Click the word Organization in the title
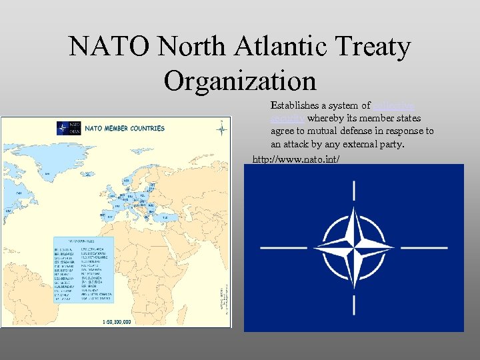click(240, 81)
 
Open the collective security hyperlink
click(395, 105)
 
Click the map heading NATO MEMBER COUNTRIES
click(125, 128)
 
